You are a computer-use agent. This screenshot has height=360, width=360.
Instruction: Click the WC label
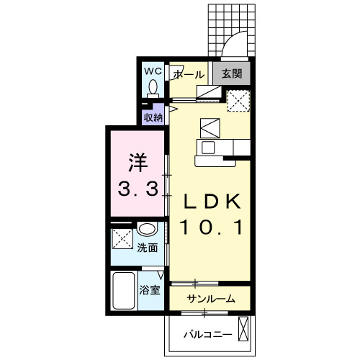tap(153, 71)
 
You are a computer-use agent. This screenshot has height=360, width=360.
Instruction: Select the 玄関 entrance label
tap(232, 73)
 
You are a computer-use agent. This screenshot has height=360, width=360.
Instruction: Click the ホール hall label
tap(189, 75)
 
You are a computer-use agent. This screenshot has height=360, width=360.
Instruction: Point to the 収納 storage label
tap(153, 117)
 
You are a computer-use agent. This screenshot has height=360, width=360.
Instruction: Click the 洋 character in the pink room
tap(138, 163)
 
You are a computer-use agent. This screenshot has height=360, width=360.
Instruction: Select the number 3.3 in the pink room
tap(138, 189)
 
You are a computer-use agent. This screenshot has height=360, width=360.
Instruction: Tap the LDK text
tap(212, 201)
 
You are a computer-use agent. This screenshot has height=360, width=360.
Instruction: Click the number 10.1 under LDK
tap(212, 228)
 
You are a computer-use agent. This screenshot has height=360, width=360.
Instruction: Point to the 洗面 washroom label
tap(148, 248)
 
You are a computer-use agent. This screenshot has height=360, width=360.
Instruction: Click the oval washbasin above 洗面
tap(147, 229)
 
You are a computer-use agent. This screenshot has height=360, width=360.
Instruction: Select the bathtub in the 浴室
tap(124, 290)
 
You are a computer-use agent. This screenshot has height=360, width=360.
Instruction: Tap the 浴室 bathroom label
tap(150, 290)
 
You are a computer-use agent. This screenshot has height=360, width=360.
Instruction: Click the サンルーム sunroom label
tap(211, 299)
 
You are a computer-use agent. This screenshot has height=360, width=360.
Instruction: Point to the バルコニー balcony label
tap(208, 334)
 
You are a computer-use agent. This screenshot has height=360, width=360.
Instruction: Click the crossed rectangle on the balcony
tap(243, 329)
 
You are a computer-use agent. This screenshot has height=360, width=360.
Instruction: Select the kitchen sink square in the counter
tap(208, 148)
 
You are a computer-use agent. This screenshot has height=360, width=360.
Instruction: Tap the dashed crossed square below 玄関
tap(238, 101)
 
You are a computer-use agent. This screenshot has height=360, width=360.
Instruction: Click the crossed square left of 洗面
tap(122, 238)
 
